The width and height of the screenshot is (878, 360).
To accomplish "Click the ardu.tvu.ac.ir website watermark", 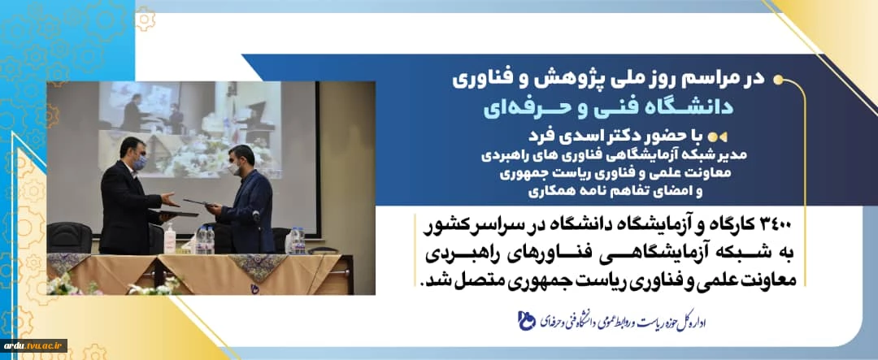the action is (x=33, y=345).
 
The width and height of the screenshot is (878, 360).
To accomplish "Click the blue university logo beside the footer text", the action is (x=528, y=322).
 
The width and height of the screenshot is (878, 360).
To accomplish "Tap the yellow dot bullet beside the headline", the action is (x=778, y=80).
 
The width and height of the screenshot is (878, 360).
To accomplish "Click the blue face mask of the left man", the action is (x=140, y=163).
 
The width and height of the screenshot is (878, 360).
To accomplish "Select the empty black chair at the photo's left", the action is (x=69, y=237).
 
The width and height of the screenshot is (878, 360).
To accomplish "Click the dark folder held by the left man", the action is (x=176, y=213).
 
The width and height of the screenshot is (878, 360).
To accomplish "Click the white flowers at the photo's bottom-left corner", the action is (x=62, y=284).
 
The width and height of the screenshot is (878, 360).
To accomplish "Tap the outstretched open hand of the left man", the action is (x=170, y=200).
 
